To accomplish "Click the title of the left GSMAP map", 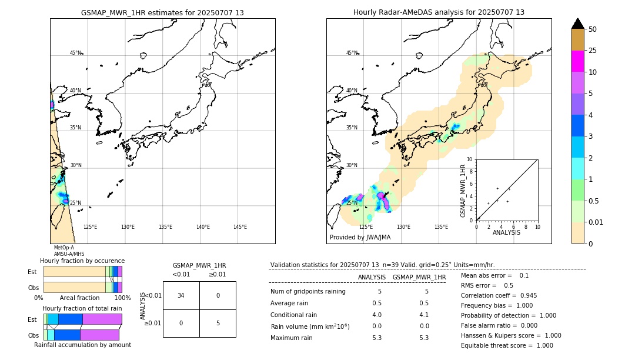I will [x=162, y=12].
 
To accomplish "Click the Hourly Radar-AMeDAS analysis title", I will [x=439, y=12].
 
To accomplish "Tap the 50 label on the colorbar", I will [x=593, y=29].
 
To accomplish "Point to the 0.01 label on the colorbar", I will [x=596, y=222].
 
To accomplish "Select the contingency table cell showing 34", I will [x=181, y=295].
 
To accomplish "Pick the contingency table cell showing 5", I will [x=218, y=323].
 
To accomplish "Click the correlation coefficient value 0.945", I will [x=524, y=295].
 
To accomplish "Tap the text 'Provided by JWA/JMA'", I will [x=360, y=237].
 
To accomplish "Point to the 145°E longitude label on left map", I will [x=240, y=227].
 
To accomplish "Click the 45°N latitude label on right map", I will [x=351, y=53].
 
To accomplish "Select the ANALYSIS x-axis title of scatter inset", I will [x=506, y=232].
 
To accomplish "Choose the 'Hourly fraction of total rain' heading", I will [x=82, y=308].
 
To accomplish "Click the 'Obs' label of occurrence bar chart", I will [x=33, y=288].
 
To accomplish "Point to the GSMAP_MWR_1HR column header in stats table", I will [x=419, y=277].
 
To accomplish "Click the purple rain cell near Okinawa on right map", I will [x=381, y=196].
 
